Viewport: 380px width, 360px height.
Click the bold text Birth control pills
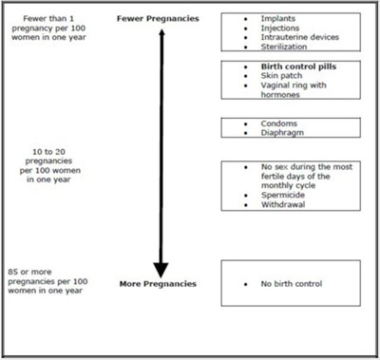(x=296, y=66)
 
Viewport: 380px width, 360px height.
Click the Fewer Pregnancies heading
(x=159, y=18)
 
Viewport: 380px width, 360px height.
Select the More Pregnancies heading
(x=159, y=283)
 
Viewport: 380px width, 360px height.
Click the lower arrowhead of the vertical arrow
(x=160, y=268)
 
